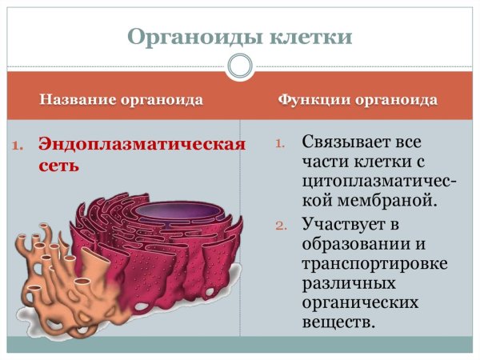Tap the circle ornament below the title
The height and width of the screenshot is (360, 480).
point(240,66)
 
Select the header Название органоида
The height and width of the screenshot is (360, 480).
point(121,100)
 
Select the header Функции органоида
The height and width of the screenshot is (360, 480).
point(357,100)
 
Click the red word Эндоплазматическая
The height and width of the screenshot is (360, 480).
point(141,146)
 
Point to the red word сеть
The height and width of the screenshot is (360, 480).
point(58,166)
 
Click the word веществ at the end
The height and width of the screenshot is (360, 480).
point(338,322)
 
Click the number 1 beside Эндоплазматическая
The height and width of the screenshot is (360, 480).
point(19,146)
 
